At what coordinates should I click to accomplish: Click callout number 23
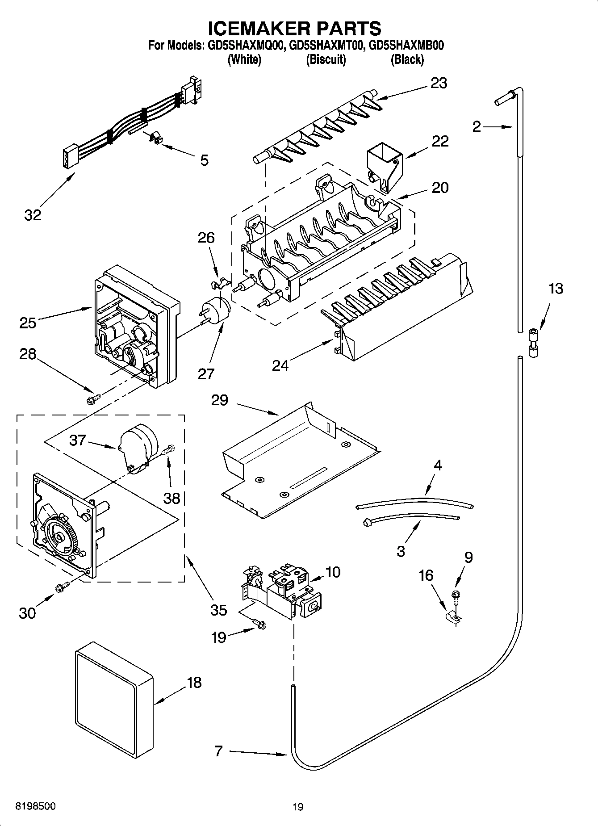(x=439, y=83)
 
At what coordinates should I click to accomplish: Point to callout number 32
(x=33, y=215)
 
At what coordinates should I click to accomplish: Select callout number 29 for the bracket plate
(x=219, y=400)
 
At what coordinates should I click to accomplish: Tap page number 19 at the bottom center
(x=298, y=807)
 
